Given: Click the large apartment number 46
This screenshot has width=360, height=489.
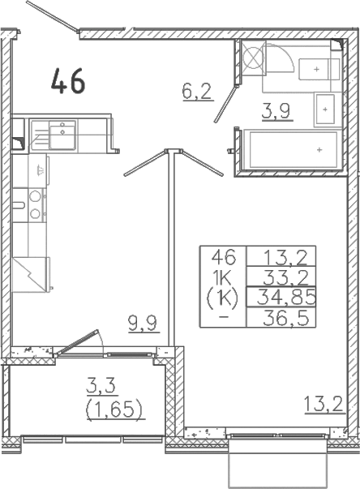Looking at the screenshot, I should [68, 81].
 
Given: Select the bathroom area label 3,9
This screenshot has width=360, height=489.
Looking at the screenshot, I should [276, 111].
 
